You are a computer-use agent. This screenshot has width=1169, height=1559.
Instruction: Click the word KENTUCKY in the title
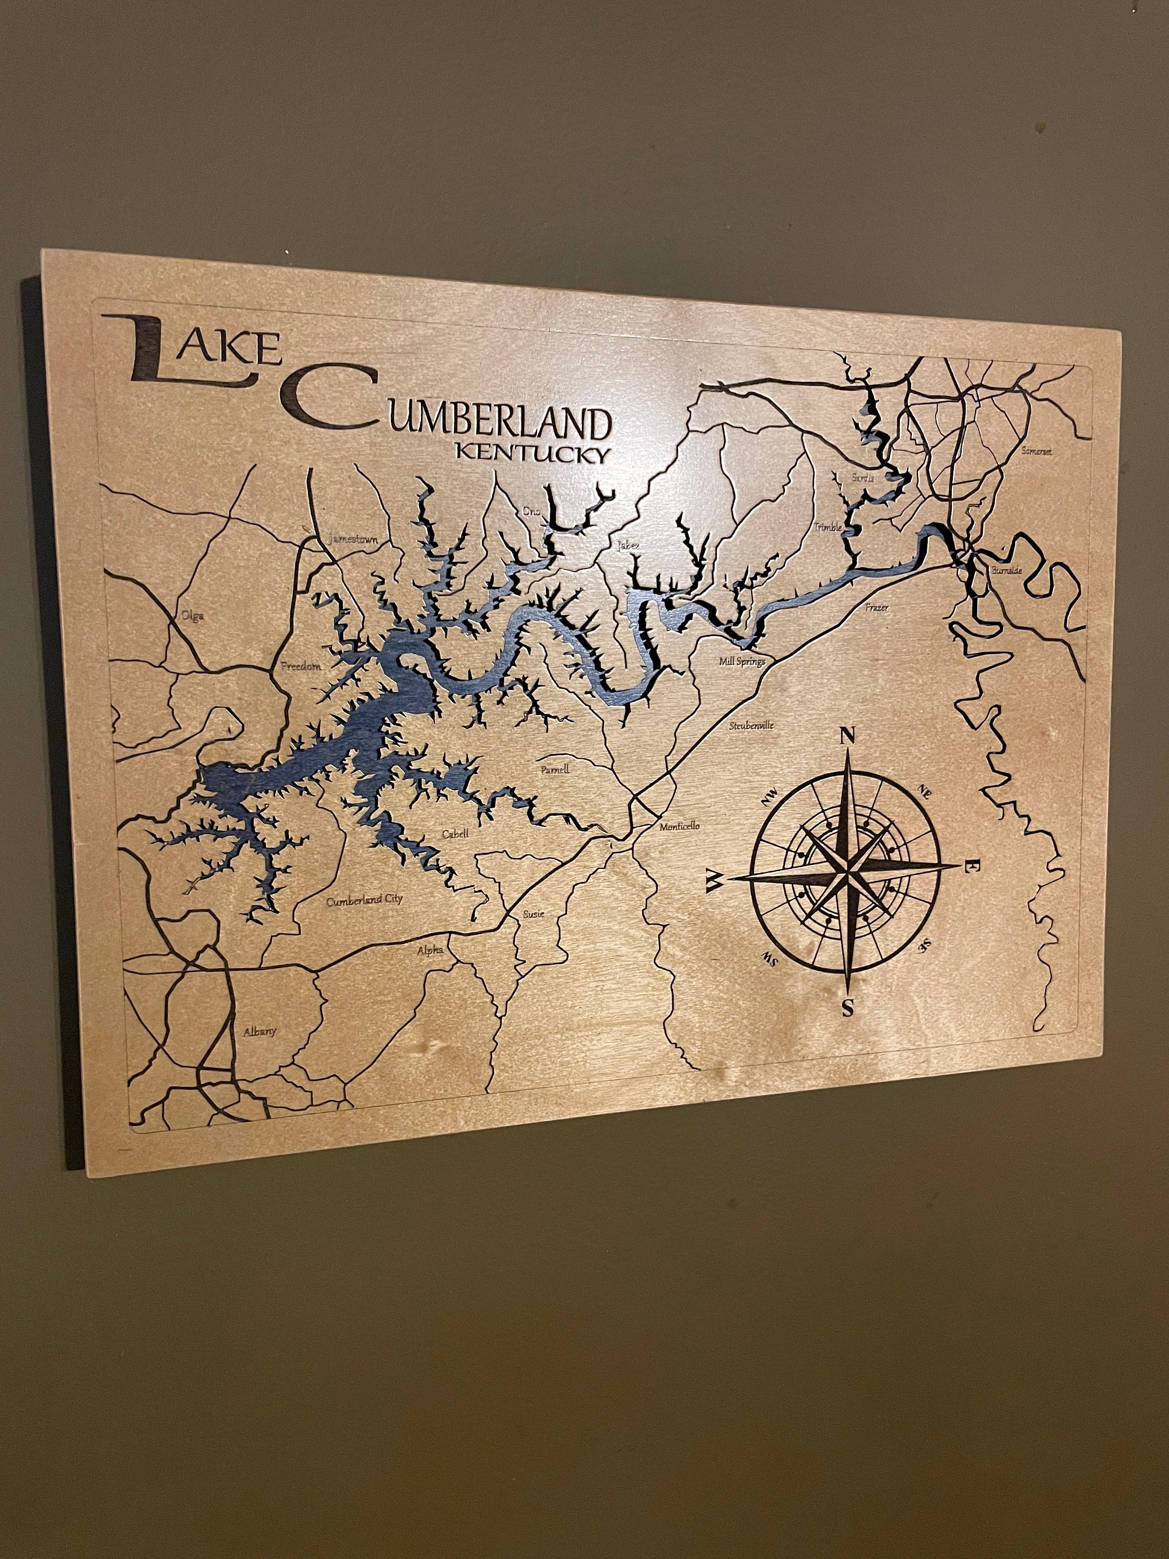pos(532,452)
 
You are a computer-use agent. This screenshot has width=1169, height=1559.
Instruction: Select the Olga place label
pos(192,615)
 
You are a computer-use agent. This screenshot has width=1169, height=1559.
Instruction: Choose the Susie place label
pos(534,914)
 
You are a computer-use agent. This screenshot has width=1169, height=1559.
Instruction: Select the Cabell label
pos(455,834)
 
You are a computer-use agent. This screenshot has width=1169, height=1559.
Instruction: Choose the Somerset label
pos(1037,451)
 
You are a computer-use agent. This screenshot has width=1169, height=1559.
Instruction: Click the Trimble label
pos(829,526)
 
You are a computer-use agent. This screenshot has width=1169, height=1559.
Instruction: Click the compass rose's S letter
pos(848,1009)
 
